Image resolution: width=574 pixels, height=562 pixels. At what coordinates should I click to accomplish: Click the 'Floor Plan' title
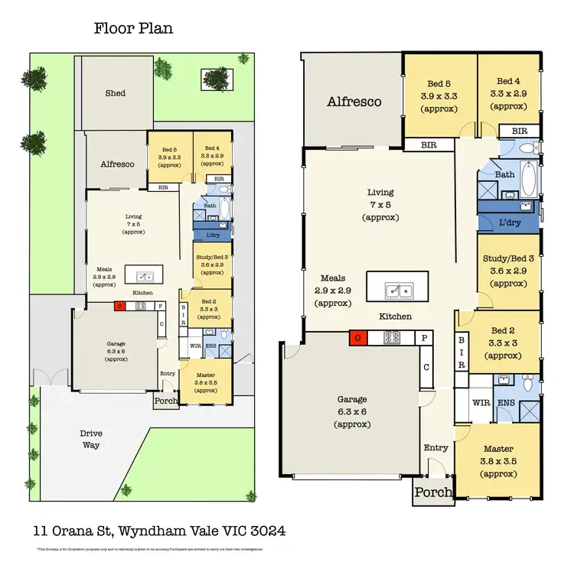[x=133, y=29]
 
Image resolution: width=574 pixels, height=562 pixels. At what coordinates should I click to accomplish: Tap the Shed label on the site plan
[x=115, y=93]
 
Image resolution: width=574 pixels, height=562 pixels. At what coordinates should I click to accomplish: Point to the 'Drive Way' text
[x=91, y=439]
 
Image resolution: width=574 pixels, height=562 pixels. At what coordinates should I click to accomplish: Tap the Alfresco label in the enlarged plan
[x=354, y=102]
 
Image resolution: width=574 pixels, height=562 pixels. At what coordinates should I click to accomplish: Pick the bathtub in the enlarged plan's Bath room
[x=527, y=178]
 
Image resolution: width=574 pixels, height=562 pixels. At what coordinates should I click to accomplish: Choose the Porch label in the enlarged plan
[x=433, y=493]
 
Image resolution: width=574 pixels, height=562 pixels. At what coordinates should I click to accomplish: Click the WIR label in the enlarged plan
[x=481, y=401]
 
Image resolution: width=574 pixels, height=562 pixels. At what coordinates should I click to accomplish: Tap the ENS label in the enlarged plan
[x=506, y=401]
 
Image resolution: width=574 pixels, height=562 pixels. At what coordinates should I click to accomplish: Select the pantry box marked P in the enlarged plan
[x=423, y=338]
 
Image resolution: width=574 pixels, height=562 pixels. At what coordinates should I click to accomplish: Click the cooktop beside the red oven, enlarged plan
[x=391, y=338]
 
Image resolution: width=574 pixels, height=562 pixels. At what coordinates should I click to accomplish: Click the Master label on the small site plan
[x=206, y=375]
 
